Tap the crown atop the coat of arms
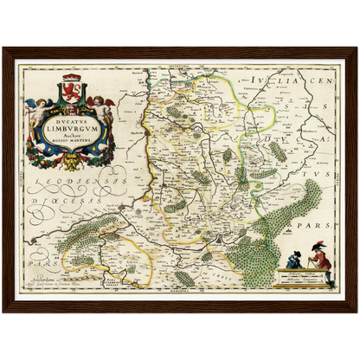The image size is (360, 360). coord(69,79)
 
